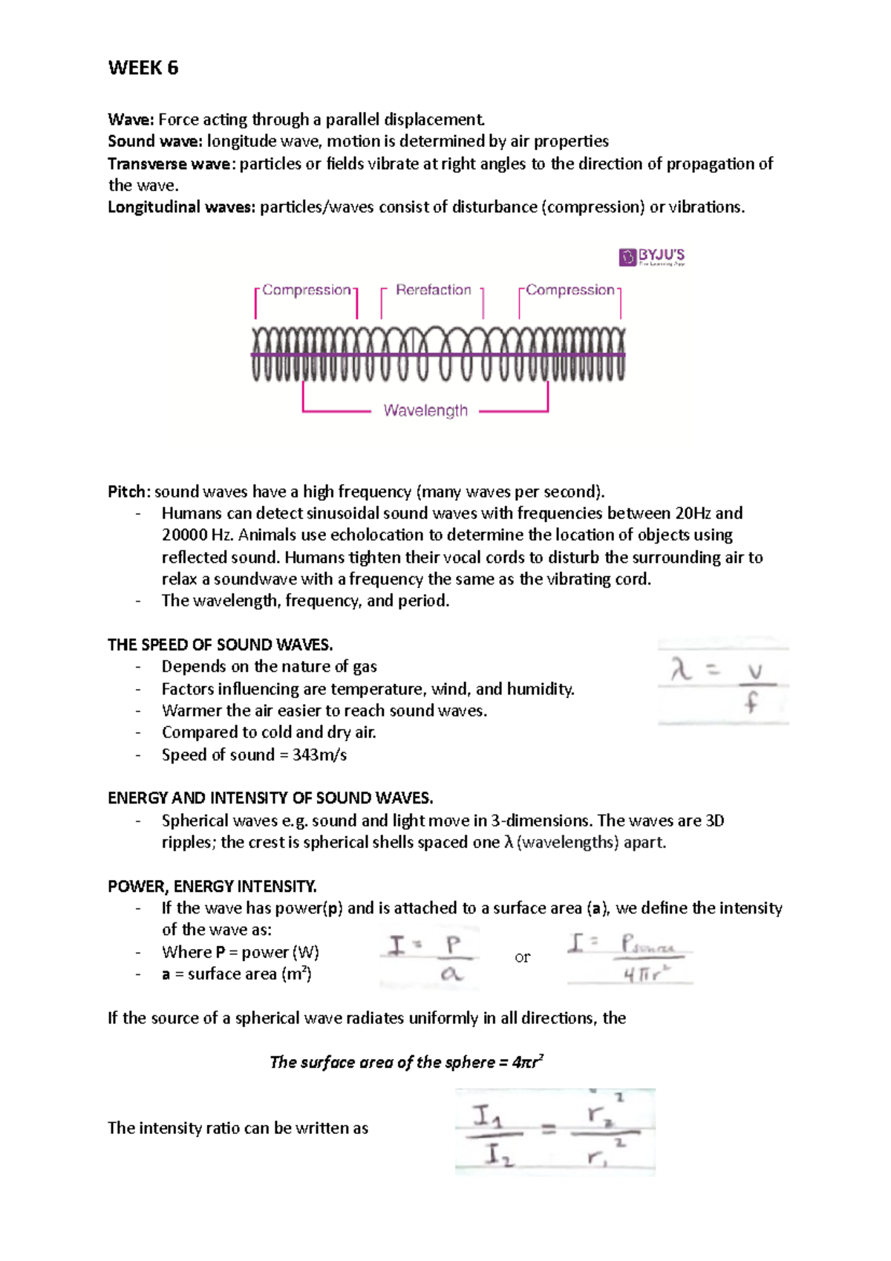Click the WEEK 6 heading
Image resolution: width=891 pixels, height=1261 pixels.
143,68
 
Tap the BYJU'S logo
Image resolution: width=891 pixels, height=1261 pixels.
652,257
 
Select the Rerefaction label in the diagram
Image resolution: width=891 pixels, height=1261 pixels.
433,290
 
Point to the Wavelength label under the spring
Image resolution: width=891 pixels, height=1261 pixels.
425,411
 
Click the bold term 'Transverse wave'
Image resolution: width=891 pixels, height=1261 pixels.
169,163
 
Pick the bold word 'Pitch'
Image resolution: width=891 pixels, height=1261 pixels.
128,492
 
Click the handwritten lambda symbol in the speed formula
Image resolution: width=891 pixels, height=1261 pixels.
681,671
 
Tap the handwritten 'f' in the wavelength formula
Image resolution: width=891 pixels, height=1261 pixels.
752,702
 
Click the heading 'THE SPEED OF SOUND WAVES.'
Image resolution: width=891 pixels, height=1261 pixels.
220,645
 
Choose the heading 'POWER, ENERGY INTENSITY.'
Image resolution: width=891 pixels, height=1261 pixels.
212,886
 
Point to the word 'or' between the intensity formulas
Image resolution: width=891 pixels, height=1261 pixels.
523,957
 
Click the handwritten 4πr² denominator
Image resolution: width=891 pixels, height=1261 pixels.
642,975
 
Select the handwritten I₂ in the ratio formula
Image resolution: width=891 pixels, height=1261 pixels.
498,1155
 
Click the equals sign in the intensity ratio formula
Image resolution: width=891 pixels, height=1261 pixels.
549,1130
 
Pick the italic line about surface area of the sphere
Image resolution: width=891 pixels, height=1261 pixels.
406,1062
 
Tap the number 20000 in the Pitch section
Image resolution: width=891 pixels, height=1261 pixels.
184,535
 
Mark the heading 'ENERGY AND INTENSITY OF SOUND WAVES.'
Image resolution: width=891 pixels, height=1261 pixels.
270,798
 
